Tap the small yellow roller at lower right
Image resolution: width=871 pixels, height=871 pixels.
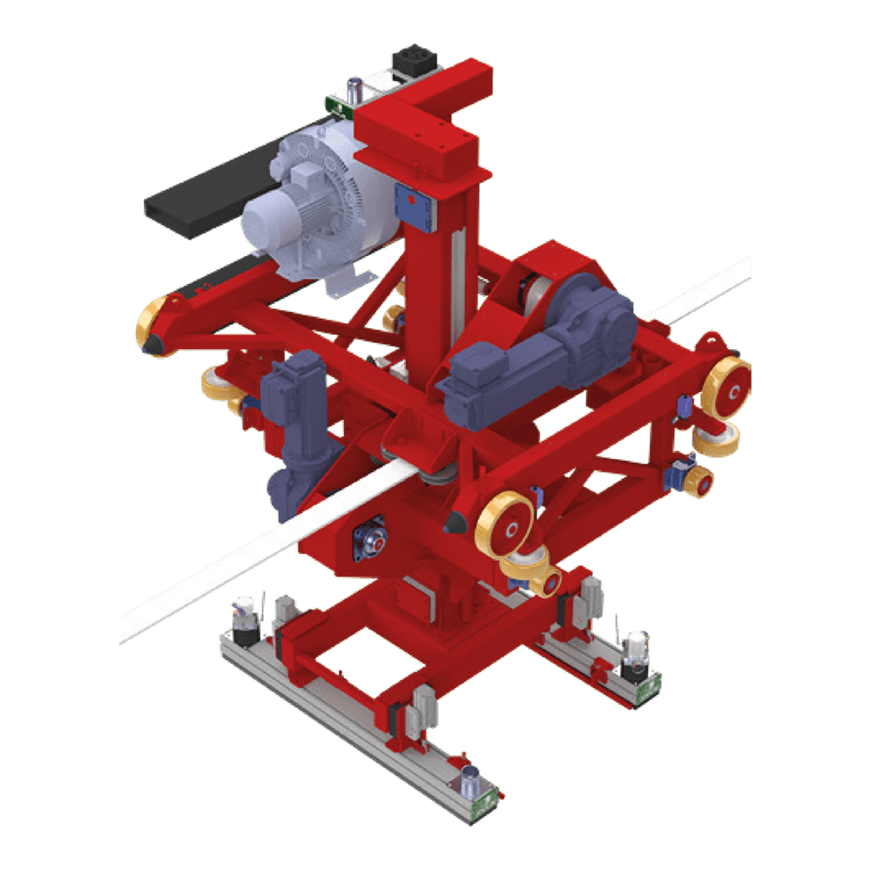coord(699,482)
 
